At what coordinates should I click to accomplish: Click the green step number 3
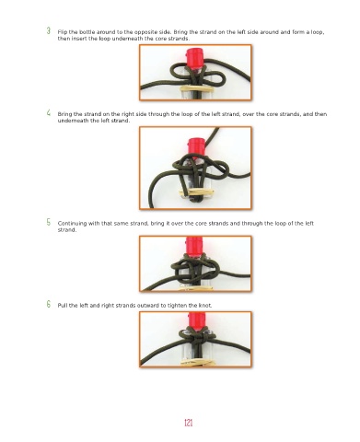click(49, 30)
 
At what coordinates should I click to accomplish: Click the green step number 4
click(49, 112)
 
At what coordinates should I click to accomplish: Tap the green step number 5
click(49, 222)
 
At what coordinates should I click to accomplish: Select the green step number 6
click(49, 304)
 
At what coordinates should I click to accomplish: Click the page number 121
click(189, 423)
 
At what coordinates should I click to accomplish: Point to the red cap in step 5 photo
click(194, 247)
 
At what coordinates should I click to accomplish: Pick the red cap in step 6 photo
click(197, 320)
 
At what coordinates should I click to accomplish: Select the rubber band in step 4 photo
click(196, 192)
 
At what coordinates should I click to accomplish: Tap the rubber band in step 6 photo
click(197, 363)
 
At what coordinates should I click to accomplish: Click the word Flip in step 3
click(62, 32)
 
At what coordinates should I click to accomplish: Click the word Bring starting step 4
click(64, 114)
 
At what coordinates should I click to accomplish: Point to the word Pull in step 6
click(63, 306)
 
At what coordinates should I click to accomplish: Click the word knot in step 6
click(205, 306)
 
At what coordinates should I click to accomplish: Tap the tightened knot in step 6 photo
click(197, 337)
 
